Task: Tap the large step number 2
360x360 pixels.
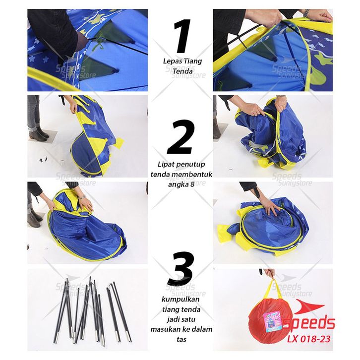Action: coord(181,136)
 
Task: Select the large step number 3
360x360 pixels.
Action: coord(181,268)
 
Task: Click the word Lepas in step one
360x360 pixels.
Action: coord(170,61)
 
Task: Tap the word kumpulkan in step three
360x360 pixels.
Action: coord(180,300)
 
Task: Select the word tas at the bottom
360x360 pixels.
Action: coord(181,339)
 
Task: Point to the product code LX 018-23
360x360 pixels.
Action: coord(309,339)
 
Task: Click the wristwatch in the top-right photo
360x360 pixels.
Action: coord(306,12)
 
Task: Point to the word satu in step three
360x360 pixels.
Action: coord(188,319)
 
